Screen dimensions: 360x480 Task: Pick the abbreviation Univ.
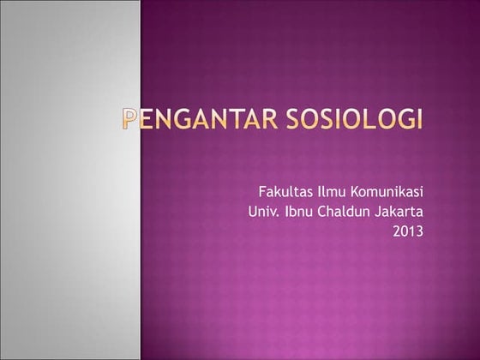tap(261, 210)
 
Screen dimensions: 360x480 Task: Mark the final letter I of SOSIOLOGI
tap(420, 119)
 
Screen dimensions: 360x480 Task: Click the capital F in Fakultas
tap(262, 190)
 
